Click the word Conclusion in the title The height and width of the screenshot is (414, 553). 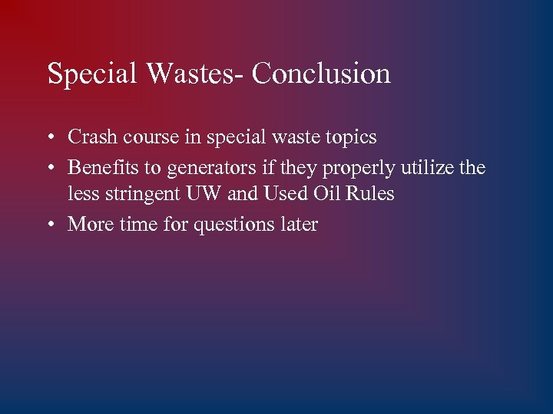321,74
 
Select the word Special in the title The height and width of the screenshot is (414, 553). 90,74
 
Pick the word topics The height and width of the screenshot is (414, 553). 350,138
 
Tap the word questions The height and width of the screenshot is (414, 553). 236,225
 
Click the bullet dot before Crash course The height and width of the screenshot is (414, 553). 50,139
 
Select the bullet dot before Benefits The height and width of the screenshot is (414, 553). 50,168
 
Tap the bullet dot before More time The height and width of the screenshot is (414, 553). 50,225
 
